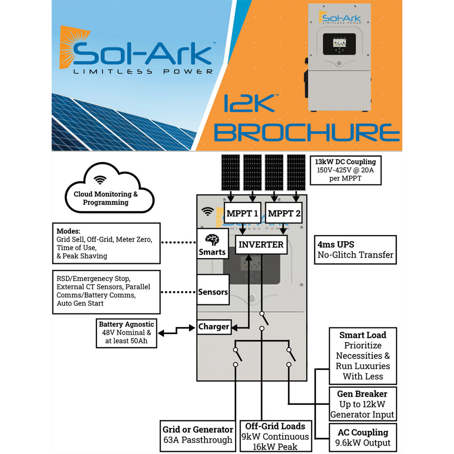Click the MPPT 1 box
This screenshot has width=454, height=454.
click(242, 214)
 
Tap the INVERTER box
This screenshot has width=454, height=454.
click(261, 244)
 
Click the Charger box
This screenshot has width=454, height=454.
click(213, 327)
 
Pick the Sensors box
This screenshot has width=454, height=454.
click(213, 292)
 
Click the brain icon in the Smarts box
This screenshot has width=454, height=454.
click(212, 240)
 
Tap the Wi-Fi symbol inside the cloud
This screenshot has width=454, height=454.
click(101, 180)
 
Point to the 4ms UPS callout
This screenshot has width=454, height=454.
click(355, 250)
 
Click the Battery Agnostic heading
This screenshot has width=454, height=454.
click(126, 325)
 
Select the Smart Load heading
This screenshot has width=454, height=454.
click(363, 335)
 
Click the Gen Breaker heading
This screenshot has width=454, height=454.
click(362, 394)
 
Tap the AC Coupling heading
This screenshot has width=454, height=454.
click(363, 432)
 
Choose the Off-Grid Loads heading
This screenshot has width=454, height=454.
click(275, 426)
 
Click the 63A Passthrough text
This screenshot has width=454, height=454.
click(197, 440)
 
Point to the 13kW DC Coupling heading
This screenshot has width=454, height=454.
click(345, 162)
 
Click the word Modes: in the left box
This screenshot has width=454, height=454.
click(68, 231)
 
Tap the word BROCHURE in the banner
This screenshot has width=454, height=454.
click(307, 133)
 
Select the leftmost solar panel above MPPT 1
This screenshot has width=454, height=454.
click(230, 172)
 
